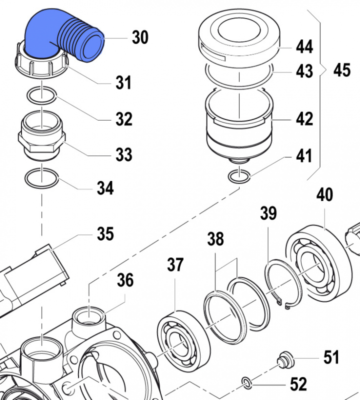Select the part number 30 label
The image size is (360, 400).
[140, 37]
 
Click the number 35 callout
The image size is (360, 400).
[105, 233]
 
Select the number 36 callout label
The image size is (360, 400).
[125, 280]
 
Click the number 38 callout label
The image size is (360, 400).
[216, 239]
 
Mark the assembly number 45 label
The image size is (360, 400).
[342, 70]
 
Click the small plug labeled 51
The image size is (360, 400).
[284, 359]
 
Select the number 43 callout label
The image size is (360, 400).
[304, 71]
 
